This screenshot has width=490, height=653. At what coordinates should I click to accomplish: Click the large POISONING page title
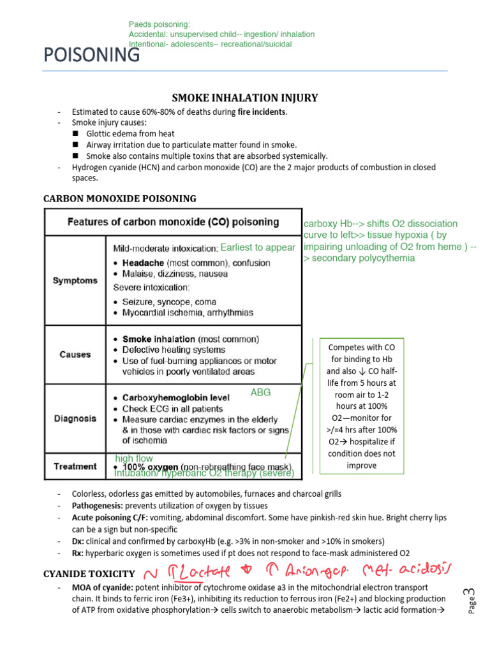point(91,56)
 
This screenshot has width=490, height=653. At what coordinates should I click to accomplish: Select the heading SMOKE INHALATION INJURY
point(245,98)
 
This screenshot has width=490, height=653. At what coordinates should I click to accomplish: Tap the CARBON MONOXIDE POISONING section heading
point(119,198)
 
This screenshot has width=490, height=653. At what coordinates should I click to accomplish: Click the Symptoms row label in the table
point(75,280)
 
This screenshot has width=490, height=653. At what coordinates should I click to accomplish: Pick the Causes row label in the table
point(75,354)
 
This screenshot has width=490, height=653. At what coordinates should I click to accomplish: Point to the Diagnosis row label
point(75,418)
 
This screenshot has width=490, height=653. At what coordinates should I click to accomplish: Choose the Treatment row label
point(75,466)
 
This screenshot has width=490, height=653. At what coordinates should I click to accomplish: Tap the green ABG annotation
point(260,393)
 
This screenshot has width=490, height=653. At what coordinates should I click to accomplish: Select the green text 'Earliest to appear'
point(258,247)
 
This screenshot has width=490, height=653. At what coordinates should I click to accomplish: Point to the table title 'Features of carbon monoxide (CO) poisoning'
point(173,223)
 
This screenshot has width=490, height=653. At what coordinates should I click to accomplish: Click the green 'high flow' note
point(134,458)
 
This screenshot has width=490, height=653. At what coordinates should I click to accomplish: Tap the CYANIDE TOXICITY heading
point(89,574)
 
